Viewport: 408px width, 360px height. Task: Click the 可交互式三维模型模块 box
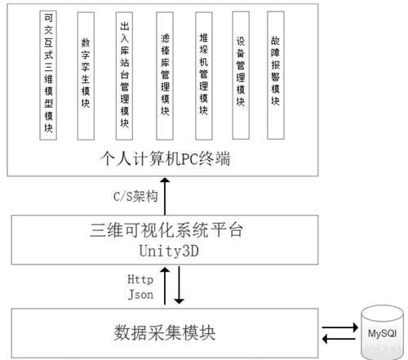(48, 75)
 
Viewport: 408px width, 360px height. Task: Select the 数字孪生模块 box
(86, 76)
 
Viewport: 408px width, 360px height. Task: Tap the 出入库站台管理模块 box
(124, 76)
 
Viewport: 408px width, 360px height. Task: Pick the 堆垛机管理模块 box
(204, 76)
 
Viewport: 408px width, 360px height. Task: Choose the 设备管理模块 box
(241, 75)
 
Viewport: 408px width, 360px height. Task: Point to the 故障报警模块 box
(276, 75)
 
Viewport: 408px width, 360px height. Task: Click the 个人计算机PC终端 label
(165, 158)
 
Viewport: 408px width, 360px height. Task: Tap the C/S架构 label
(135, 196)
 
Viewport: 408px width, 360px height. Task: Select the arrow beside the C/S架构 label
(165, 196)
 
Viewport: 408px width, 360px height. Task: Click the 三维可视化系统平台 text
(166, 230)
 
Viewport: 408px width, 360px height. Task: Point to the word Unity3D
(169, 251)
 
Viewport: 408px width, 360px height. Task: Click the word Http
(140, 279)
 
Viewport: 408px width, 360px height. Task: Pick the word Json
(140, 295)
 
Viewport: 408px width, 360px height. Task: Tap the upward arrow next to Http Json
(165, 286)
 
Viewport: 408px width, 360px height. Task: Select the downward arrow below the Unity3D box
(179, 285)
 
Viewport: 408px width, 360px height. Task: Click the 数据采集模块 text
(165, 333)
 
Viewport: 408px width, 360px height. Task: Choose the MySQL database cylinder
(382, 332)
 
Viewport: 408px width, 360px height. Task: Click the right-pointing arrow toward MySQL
(339, 327)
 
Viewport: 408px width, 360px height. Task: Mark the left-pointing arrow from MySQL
(339, 339)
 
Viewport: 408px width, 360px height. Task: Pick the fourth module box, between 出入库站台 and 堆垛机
(165, 76)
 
